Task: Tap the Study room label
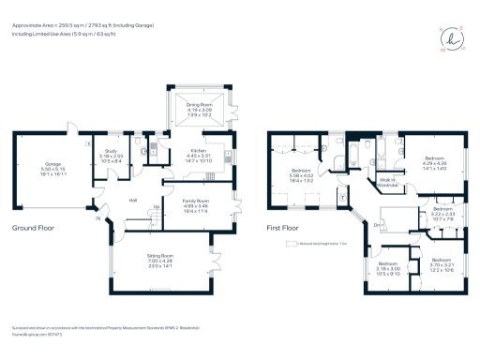coord(111,156)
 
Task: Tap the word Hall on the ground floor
coord(132,200)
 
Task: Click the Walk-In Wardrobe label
coord(389,183)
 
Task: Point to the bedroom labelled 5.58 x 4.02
coord(302,172)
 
